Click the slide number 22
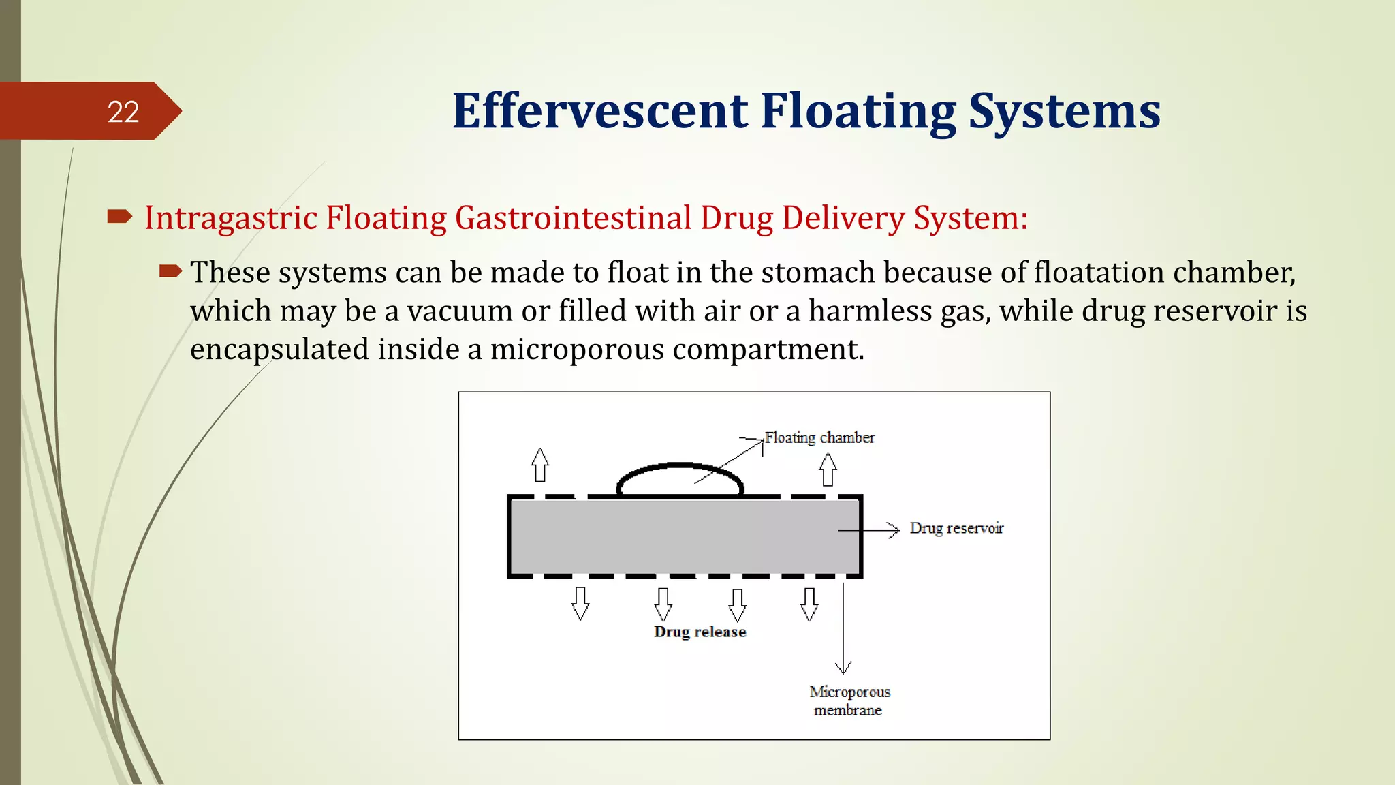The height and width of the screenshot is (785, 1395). (x=123, y=112)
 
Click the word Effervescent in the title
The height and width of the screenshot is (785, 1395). (x=599, y=111)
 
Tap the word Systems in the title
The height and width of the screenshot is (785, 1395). (x=1064, y=111)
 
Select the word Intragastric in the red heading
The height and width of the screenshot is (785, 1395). (x=231, y=219)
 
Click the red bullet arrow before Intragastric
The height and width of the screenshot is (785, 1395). (x=120, y=217)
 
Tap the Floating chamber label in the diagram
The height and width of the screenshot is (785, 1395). (x=819, y=437)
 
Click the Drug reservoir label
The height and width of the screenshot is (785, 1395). (x=956, y=529)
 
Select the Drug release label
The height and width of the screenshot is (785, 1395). (x=700, y=632)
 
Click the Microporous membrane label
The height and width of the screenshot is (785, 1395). (x=849, y=701)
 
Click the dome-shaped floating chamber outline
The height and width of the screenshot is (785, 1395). (x=679, y=467)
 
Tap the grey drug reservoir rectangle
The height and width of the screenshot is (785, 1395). (x=681, y=537)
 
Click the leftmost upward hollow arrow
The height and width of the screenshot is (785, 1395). (x=540, y=465)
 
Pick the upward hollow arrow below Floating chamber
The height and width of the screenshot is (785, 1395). (x=828, y=470)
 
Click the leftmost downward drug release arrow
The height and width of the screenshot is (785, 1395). (x=580, y=604)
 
